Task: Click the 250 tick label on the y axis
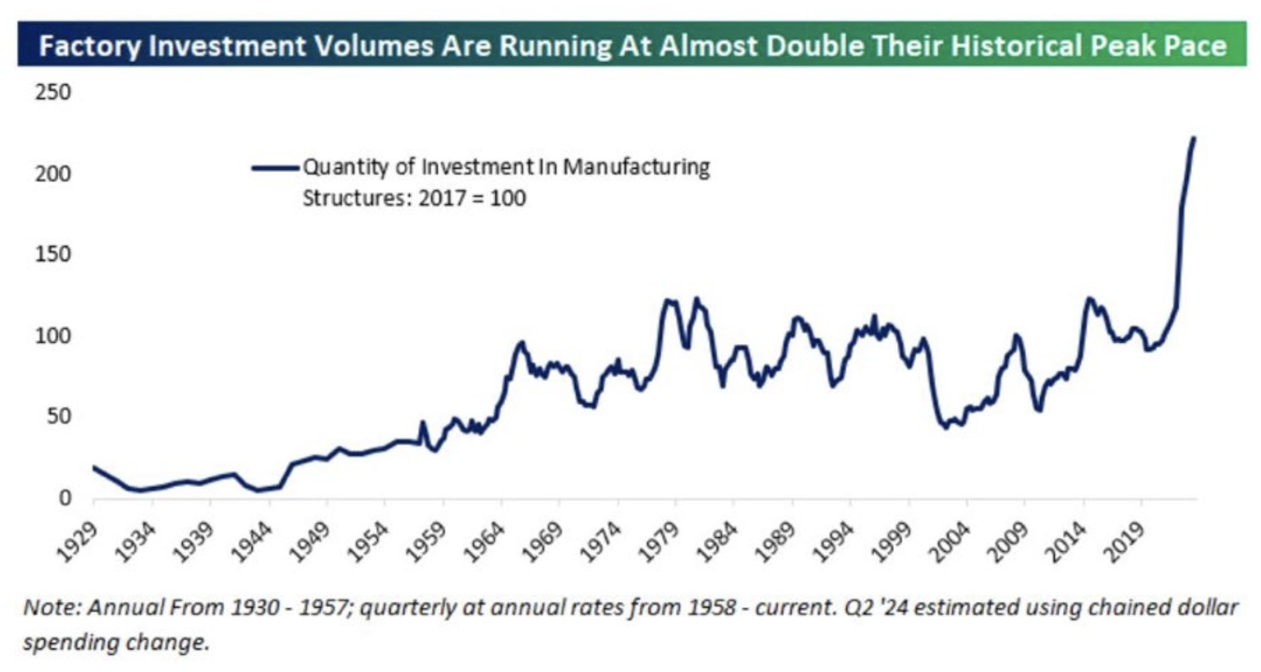[53, 92]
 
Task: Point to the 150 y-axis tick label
[53, 254]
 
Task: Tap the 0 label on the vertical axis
[65, 498]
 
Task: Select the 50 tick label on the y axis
[59, 417]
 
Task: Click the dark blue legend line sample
[275, 167]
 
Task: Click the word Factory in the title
[90, 46]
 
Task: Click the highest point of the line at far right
[1193, 138]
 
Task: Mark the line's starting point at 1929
[94, 467]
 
